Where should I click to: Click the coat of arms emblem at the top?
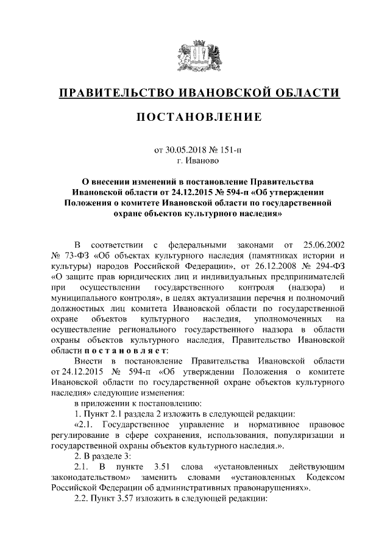click(x=195, y=56)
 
